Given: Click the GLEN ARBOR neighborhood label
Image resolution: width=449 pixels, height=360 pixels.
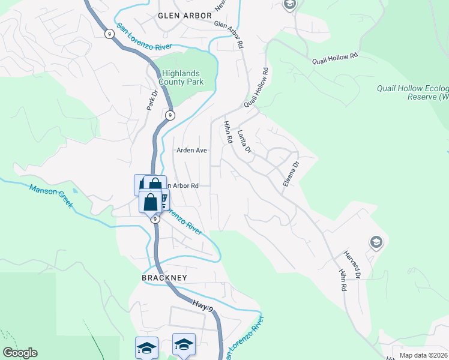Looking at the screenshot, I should pyautogui.click(x=184, y=16).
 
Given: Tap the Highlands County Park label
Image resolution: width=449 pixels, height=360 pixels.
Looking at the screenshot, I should pyautogui.click(x=181, y=77).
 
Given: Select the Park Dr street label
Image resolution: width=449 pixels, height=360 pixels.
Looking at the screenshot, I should pyautogui.click(x=151, y=100).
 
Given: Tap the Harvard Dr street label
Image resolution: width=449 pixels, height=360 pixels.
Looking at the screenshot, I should pyautogui.click(x=352, y=265).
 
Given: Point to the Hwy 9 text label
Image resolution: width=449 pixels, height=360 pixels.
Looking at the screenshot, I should pyautogui.click(x=203, y=306).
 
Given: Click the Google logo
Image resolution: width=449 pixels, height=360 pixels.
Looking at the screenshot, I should pyautogui.click(x=20, y=353).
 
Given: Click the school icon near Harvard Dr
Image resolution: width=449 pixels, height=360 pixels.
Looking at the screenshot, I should pyautogui.click(x=376, y=242).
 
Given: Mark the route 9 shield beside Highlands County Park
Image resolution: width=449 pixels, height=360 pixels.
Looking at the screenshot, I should pyautogui.click(x=170, y=115).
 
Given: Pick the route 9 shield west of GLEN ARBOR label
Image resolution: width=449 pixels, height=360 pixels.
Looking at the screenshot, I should pyautogui.click(x=109, y=34).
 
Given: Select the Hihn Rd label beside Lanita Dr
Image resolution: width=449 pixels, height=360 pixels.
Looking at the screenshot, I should pyautogui.click(x=228, y=131).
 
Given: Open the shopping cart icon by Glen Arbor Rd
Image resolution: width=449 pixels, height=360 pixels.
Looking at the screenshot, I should pyautogui.click(x=162, y=200).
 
